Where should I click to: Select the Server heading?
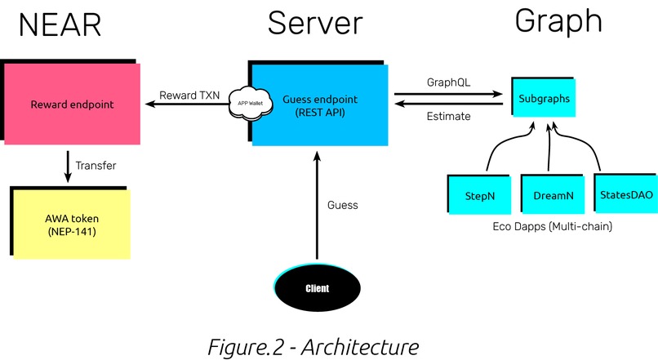(314, 24)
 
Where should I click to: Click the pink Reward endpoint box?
(71, 104)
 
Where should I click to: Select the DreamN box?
(554, 196)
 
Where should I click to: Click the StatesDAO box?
(625, 193)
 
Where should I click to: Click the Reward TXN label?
(189, 95)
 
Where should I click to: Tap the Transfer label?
(96, 166)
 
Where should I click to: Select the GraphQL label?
(448, 82)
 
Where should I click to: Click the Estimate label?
(448, 117)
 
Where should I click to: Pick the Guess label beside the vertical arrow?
(342, 205)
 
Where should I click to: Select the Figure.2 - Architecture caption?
(312, 345)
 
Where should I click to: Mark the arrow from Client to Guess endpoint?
(315, 212)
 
